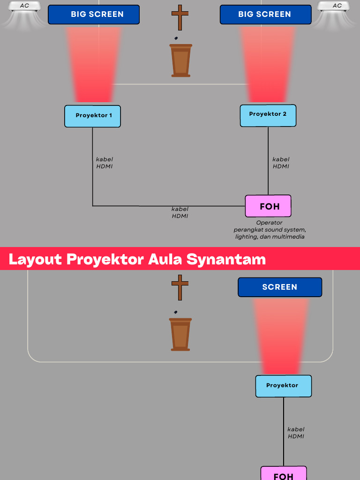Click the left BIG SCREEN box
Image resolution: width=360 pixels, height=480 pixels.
[94, 15]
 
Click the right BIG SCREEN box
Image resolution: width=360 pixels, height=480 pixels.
[265, 15]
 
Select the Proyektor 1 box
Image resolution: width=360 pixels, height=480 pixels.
[92, 116]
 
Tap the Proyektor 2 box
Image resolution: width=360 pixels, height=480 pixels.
[268, 115]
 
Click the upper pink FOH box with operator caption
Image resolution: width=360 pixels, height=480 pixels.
[268, 206]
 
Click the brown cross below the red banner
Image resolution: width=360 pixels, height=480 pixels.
[180, 287]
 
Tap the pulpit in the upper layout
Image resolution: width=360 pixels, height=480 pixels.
[180, 60]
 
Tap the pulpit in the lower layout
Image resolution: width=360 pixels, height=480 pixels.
[180, 334]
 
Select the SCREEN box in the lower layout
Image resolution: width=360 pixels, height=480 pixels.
[280, 287]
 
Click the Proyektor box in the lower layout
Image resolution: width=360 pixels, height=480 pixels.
[283, 386]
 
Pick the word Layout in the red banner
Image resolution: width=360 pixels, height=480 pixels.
[35, 259]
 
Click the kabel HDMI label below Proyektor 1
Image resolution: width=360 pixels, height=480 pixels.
[105, 163]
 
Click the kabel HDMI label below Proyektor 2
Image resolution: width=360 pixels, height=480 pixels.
[281, 163]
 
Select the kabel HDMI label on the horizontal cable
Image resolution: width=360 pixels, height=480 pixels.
[180, 212]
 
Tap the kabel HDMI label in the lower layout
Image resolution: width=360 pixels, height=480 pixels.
[296, 432]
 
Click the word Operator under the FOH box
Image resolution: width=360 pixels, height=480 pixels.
[269, 223]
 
